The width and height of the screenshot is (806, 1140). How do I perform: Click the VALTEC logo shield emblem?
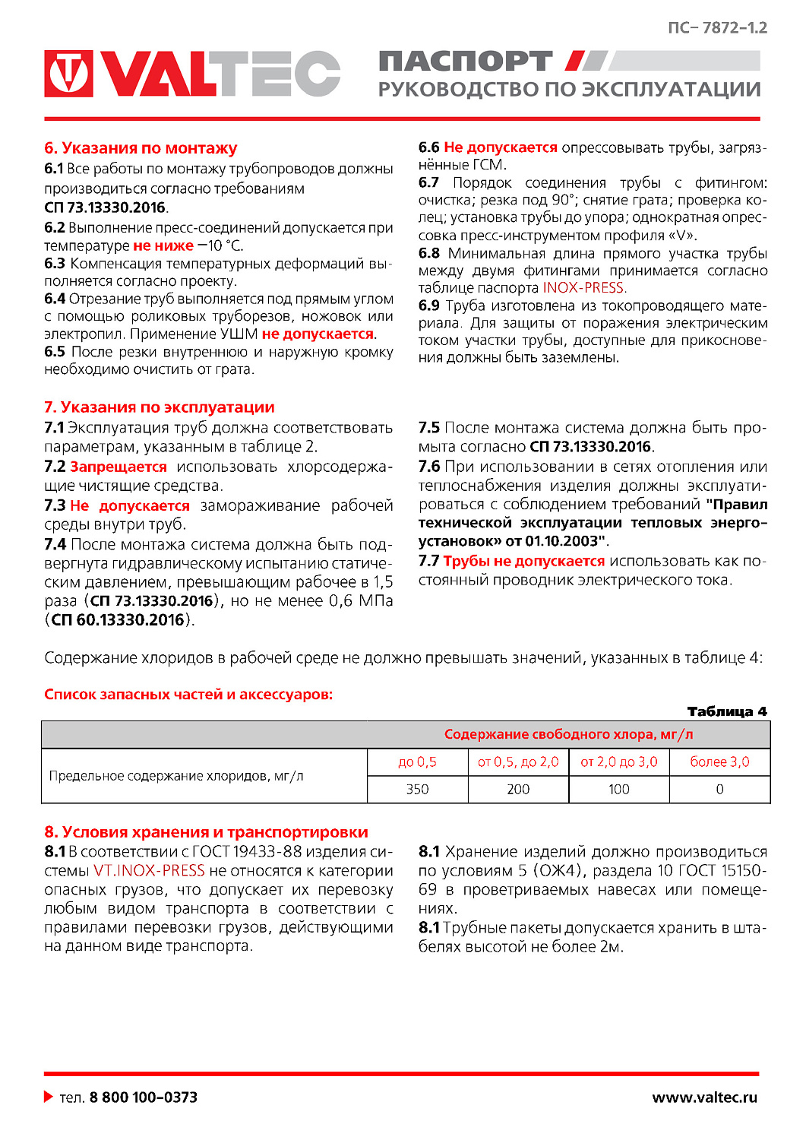[x=68, y=74]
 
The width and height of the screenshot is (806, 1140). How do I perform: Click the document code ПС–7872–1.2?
[x=717, y=28]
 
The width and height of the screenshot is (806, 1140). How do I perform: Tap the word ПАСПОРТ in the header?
[x=465, y=62]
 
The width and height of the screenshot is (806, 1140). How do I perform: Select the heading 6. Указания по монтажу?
[x=141, y=148]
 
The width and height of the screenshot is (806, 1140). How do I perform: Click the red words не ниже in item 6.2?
[x=163, y=245]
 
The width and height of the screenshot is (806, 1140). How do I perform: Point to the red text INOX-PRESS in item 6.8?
[x=584, y=288]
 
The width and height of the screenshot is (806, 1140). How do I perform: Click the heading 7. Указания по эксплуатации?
[x=159, y=407]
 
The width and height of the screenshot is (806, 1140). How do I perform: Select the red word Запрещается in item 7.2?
[x=118, y=467]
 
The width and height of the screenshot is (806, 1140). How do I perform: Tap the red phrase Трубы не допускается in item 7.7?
[x=523, y=561]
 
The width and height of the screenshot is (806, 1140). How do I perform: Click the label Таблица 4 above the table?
[x=726, y=711]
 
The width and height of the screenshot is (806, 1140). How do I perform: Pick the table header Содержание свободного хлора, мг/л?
[x=568, y=734]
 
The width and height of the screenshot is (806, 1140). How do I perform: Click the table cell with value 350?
[x=417, y=789]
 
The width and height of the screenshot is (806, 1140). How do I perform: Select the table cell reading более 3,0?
[x=719, y=762]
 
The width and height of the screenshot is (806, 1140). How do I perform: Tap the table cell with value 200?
[x=518, y=789]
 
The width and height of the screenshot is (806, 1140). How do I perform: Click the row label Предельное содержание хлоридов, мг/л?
[x=176, y=776]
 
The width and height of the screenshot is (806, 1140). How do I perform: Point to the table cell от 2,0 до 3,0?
[x=618, y=762]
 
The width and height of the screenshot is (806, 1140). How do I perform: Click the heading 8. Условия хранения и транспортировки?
[x=206, y=832]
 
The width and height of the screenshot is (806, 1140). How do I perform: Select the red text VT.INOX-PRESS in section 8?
[x=149, y=871]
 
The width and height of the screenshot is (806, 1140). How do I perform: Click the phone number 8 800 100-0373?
[x=143, y=1097]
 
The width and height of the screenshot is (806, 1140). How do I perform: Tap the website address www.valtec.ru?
[x=704, y=1097]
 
